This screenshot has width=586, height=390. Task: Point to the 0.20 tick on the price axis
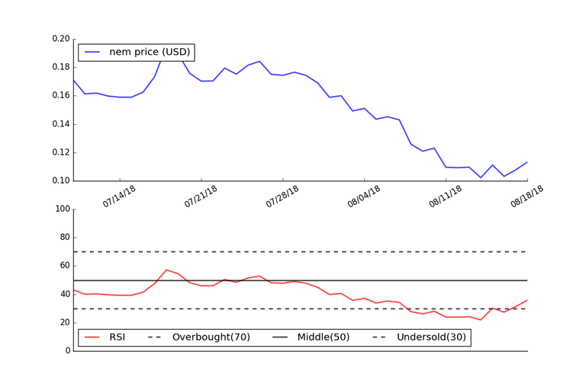tap(61, 39)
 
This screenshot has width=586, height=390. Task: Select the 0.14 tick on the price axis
tap(61, 124)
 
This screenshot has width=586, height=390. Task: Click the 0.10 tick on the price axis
tap(61, 181)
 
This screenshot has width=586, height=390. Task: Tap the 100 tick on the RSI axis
tap(61, 209)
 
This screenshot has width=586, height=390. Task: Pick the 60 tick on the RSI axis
tap(63, 266)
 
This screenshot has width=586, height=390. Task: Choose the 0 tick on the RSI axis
tap(66, 351)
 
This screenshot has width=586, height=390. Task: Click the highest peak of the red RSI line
tap(166, 270)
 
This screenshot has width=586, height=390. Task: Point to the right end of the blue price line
tap(527, 161)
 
